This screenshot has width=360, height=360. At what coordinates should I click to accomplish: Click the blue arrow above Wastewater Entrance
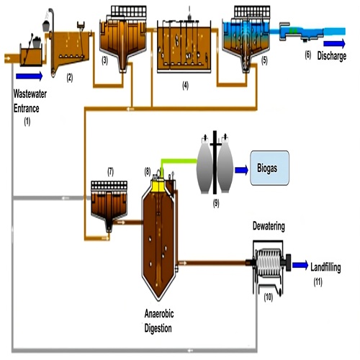pos(30,74)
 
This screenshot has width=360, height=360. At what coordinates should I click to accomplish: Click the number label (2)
pos(70,76)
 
